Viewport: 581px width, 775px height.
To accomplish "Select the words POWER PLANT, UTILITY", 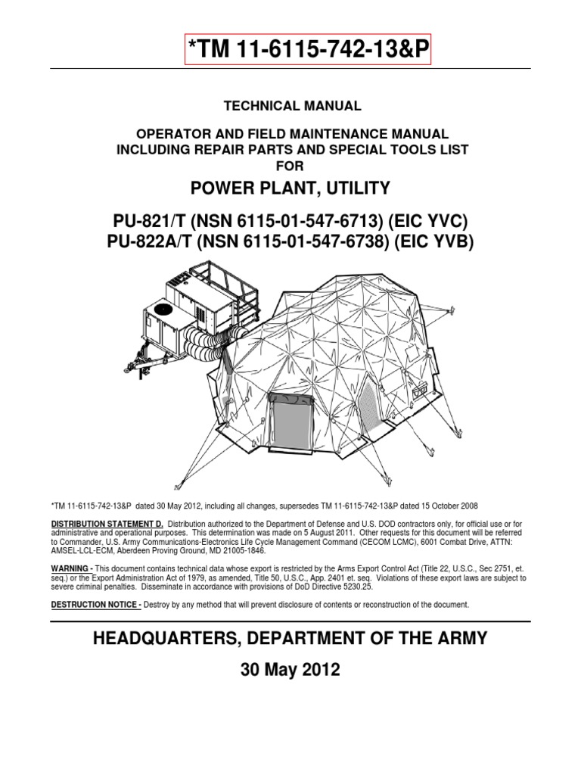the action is pyautogui.click(x=291, y=188).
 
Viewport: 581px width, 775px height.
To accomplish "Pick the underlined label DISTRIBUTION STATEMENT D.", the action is pyautogui.click(x=107, y=524).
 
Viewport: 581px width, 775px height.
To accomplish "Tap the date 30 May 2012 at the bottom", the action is pyautogui.click(x=291, y=670).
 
